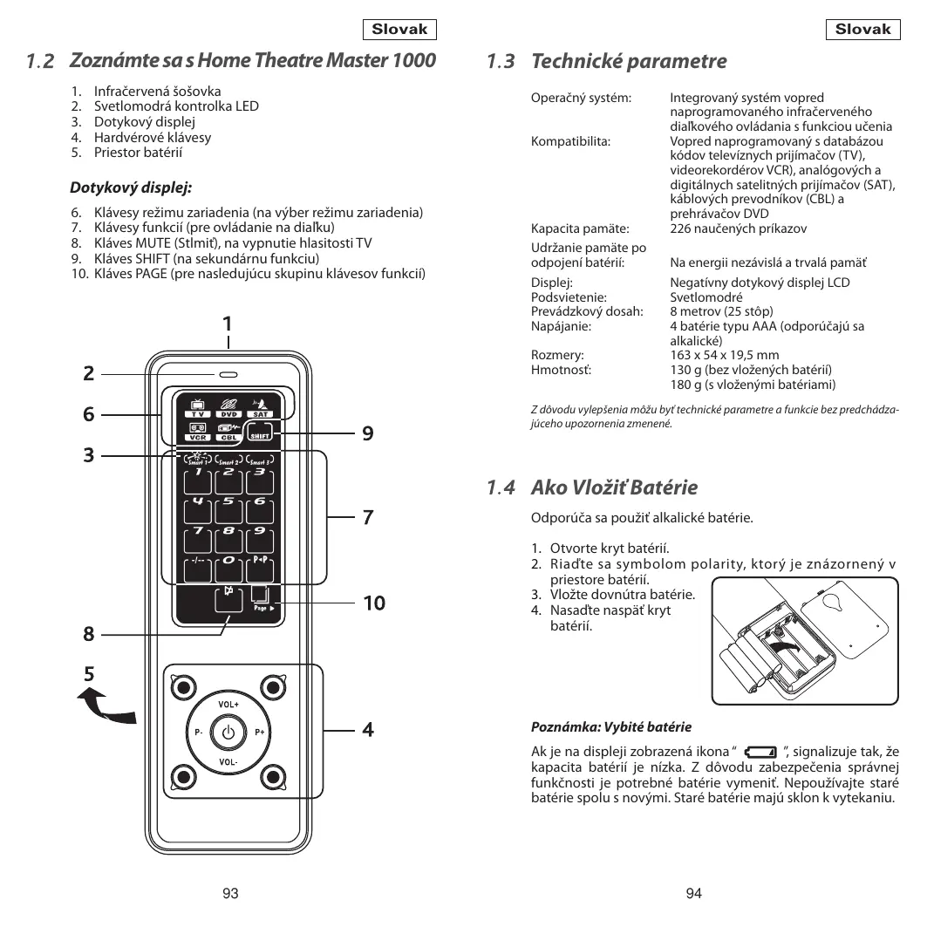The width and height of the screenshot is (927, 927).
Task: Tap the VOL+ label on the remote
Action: click(x=228, y=703)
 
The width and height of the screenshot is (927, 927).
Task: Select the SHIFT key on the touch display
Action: click(x=261, y=435)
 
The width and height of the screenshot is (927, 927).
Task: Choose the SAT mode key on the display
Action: click(x=261, y=408)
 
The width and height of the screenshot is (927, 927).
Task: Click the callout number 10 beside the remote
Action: click(x=374, y=603)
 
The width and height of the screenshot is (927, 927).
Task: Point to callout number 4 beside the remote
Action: click(x=368, y=730)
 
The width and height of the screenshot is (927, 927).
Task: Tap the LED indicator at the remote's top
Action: click(x=228, y=375)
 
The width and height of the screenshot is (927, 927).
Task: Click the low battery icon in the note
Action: click(x=760, y=753)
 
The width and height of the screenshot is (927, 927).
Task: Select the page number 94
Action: click(x=694, y=892)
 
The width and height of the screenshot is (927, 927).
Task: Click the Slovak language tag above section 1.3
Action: click(x=862, y=30)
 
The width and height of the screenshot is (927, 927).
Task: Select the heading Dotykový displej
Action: click(x=131, y=187)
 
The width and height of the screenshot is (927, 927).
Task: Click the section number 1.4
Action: click(x=501, y=487)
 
